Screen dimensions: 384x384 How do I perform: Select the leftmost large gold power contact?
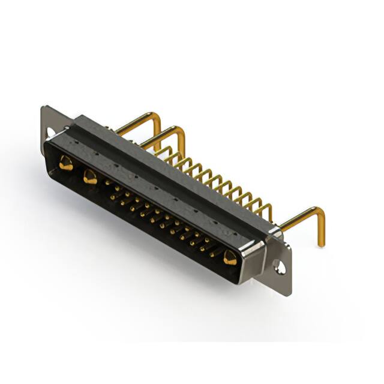(65, 163)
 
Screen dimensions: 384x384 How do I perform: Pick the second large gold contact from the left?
(90, 176)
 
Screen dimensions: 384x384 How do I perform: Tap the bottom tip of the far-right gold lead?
(321, 244)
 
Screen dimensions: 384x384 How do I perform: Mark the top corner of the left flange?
(43, 107)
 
